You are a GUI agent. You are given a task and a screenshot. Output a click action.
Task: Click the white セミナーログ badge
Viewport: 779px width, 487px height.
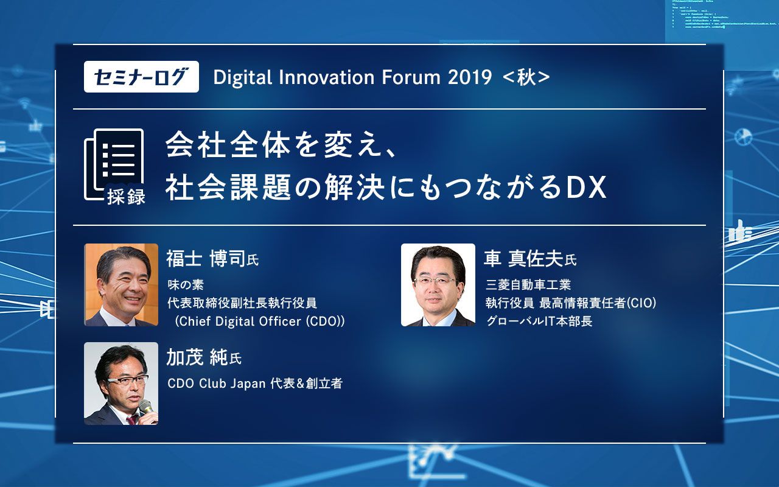141,77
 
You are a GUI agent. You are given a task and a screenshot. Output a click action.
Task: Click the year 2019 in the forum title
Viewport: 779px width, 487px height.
469,77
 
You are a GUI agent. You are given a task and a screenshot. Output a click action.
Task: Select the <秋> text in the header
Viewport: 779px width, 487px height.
526,77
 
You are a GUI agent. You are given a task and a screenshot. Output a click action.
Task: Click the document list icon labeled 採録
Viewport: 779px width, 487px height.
114,166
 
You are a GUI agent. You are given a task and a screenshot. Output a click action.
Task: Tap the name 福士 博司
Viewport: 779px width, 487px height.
206,259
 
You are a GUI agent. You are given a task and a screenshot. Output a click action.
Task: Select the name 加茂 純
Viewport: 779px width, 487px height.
197,358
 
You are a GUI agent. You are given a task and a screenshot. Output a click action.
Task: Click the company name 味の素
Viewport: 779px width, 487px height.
185,285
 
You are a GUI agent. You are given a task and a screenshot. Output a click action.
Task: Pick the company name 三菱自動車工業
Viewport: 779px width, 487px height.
528,285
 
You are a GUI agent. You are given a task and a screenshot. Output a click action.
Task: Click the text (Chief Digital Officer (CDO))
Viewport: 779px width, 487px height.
259,321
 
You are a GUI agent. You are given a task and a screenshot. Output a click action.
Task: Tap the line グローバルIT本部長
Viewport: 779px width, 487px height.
539,321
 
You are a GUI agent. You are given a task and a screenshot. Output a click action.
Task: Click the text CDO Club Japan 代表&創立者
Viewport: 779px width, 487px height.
254,384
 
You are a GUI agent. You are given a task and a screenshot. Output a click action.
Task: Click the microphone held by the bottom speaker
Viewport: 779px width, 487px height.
145,407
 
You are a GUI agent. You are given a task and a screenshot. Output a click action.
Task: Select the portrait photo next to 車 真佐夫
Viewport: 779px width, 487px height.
438,285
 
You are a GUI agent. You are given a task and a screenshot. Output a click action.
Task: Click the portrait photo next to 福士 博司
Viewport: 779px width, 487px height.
121,285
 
